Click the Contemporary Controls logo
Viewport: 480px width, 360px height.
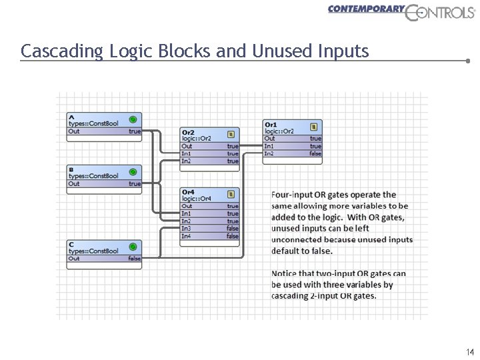click(401, 13)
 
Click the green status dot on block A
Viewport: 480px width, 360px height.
click(133, 119)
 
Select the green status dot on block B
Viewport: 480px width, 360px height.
click(133, 171)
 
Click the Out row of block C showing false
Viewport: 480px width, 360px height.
click(104, 259)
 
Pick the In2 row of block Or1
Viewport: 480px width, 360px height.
click(293, 154)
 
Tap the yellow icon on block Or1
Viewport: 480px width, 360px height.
click(313, 127)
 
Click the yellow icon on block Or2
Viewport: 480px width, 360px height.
click(231, 134)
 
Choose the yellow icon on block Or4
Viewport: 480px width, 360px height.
click(231, 194)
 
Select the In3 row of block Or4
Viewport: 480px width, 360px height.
click(210, 229)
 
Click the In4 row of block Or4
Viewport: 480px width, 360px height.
click(210, 236)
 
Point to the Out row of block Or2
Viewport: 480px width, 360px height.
click(210, 146)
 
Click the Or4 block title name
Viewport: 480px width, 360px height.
click(188, 192)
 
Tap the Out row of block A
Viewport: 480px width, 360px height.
click(104, 131)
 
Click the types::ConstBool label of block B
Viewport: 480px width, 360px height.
click(93, 176)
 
